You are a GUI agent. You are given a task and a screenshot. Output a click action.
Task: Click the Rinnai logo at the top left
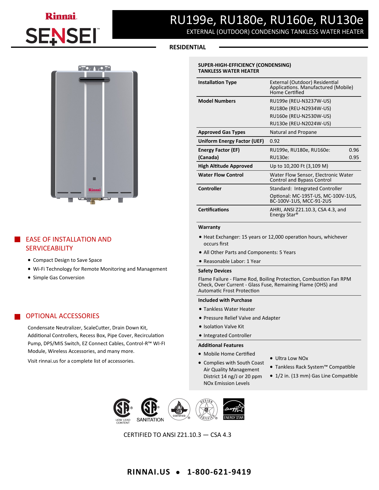[x=61, y=16]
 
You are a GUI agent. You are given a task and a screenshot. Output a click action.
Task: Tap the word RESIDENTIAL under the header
[x=187, y=47]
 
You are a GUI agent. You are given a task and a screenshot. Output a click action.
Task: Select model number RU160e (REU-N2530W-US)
[x=300, y=116]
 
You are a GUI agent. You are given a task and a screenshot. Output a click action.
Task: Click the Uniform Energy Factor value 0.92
[x=275, y=141]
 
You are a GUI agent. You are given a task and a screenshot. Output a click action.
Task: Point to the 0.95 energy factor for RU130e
[x=354, y=157]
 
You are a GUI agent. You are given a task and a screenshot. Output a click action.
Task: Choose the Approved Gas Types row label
[x=222, y=132]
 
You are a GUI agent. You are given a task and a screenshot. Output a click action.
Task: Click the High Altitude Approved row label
[x=225, y=166]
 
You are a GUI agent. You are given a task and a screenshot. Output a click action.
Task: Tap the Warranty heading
[x=209, y=227]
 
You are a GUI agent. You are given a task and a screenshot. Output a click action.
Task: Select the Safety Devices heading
[x=215, y=271]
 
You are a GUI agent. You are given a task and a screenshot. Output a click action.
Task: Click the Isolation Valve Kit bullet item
[x=224, y=326]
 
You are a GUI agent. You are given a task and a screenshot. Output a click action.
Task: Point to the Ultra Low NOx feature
[x=291, y=358]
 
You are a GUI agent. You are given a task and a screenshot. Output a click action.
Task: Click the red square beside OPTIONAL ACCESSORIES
[x=18, y=316]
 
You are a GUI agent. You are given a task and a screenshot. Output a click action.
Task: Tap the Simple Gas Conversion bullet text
[x=59, y=277]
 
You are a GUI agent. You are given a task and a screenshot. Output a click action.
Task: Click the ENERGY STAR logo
[x=234, y=409]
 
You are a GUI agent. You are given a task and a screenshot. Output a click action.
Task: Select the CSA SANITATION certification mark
[x=150, y=410]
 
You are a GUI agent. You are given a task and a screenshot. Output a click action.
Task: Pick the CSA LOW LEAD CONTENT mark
[x=123, y=411]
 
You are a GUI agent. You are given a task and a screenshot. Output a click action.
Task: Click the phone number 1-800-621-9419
[x=219, y=472]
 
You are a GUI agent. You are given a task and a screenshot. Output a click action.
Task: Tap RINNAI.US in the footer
[x=148, y=472]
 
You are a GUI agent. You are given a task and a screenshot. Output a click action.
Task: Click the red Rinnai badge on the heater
[x=95, y=190]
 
